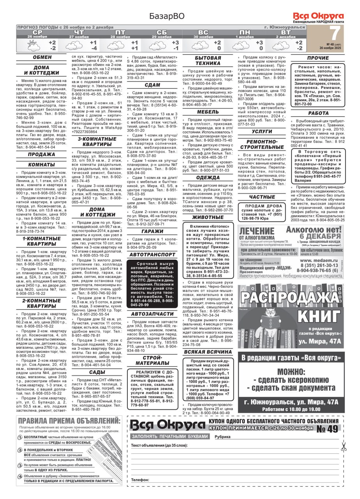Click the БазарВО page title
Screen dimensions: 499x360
pyautogui.click(x=167, y=16)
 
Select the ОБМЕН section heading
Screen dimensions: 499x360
pyautogui.click(x=42, y=58)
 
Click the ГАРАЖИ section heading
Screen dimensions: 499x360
pyautogui.click(x=153, y=231)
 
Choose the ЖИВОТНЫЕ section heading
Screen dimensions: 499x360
pyautogui.click(x=208, y=217)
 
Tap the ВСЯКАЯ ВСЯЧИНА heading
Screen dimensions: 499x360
pyautogui.click(x=208, y=352)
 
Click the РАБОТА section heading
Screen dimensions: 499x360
pyautogui.click(x=318, y=113)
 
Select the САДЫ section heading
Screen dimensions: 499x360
pyautogui.click(x=97, y=372)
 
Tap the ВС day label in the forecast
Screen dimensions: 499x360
pyautogui.click(x=203, y=32)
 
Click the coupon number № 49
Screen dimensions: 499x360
pyautogui.click(x=327, y=429)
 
